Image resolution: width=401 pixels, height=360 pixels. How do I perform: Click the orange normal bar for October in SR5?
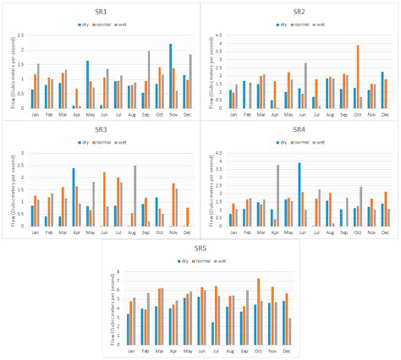(258, 311)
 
